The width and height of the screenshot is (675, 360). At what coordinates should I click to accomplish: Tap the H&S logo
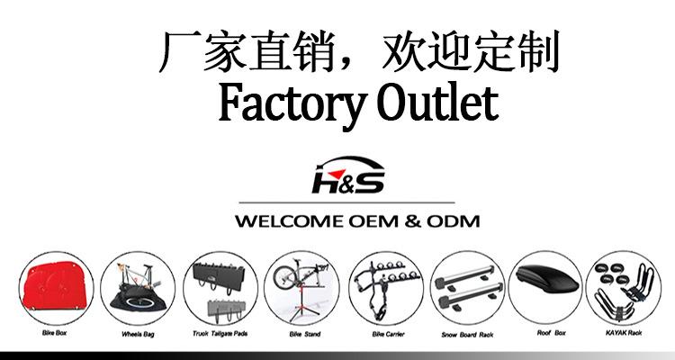coord(346,177)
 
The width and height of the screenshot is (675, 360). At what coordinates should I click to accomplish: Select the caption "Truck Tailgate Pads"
coord(219,335)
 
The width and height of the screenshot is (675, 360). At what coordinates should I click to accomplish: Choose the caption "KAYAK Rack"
coord(623,335)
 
